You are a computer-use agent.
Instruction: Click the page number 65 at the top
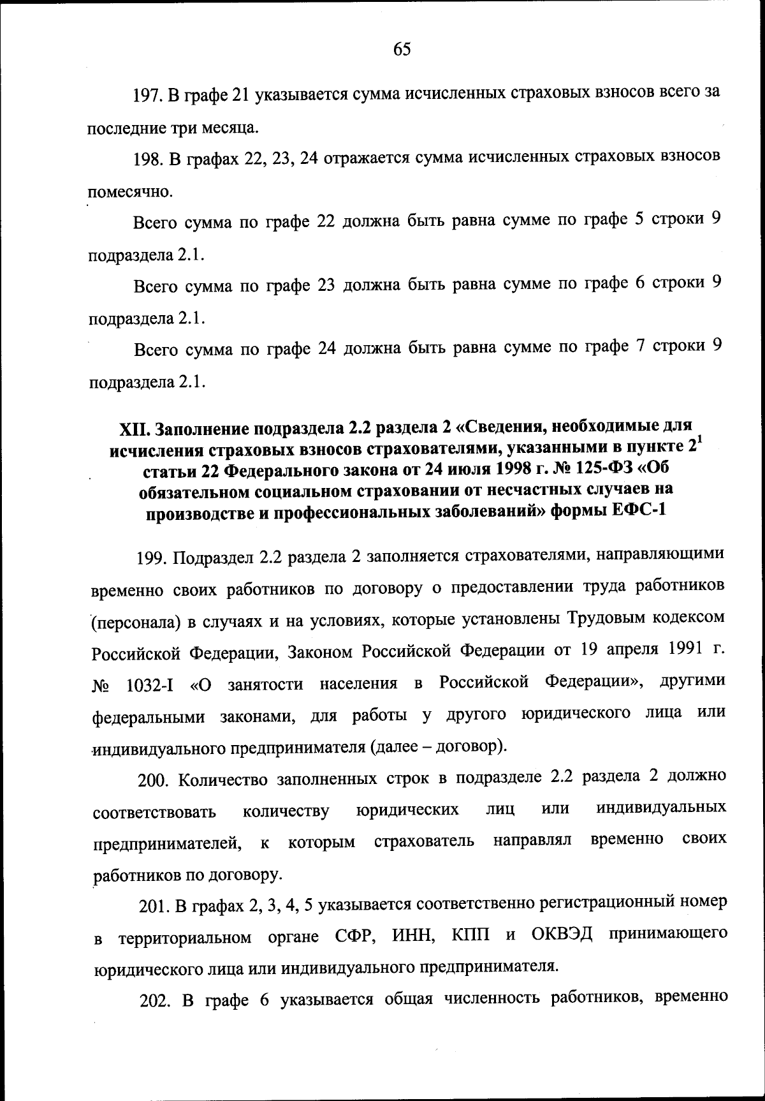click(402, 49)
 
